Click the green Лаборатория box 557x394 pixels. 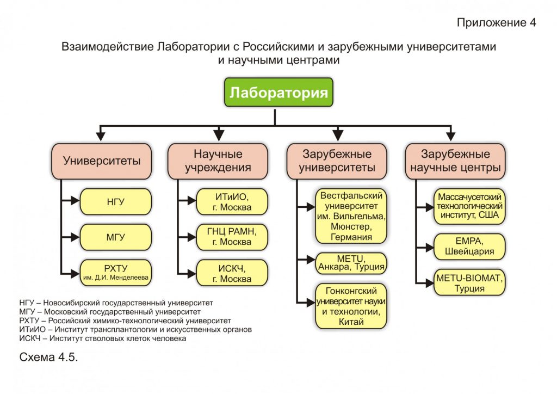278,92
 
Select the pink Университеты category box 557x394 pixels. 102,161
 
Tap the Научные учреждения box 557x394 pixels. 218,161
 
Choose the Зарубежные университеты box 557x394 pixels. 337,161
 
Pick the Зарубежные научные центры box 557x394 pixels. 455,161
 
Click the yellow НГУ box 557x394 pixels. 116,202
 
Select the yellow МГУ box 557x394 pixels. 116,237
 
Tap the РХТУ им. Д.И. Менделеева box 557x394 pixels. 116,273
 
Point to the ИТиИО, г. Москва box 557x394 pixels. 232,202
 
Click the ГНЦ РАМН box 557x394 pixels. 232,237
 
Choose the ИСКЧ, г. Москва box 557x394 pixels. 232,273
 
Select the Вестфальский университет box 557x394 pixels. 351,216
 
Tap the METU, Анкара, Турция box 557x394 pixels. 351,263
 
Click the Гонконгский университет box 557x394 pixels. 351,306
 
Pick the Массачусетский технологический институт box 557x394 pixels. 469,206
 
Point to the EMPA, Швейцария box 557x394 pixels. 469,247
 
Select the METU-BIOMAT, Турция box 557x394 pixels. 469,282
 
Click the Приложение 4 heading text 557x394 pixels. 496,22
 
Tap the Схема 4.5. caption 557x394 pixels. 48,357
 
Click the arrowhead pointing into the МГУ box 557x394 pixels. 75,237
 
